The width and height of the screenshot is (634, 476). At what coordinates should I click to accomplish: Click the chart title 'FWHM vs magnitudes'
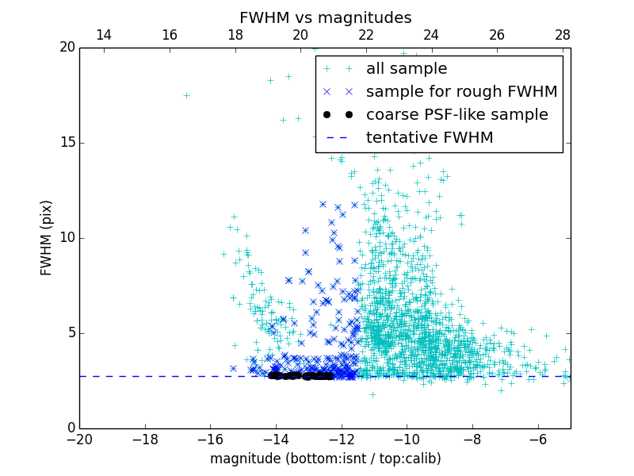point(325,17)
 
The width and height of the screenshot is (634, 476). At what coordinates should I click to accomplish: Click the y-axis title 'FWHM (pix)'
point(47,237)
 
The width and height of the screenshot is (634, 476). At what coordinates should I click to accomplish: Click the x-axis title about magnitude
point(325,459)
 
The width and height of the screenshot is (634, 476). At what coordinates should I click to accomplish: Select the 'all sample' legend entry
point(407,69)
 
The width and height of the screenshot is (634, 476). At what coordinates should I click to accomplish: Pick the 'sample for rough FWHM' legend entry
point(461,92)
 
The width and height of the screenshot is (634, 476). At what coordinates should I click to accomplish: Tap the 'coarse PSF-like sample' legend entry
point(456,115)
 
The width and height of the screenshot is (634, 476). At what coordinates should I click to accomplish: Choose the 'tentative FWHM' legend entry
point(430,138)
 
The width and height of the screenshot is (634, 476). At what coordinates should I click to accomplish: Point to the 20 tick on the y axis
point(67,48)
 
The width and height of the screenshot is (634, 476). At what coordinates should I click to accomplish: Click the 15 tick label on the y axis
point(67,143)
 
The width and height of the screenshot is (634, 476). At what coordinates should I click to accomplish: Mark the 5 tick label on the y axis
point(70,333)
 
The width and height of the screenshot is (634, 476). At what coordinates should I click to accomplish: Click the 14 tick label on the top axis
point(103,35)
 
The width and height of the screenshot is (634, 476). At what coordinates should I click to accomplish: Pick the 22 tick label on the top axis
point(366,35)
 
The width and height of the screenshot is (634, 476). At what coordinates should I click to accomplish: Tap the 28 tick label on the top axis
point(563,35)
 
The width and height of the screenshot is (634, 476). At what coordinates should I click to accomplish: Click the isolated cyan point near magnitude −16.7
point(186,95)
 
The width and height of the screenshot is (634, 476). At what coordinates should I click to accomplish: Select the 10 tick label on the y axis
point(67,238)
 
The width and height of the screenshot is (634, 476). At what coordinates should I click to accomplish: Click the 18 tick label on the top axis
point(235,35)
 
